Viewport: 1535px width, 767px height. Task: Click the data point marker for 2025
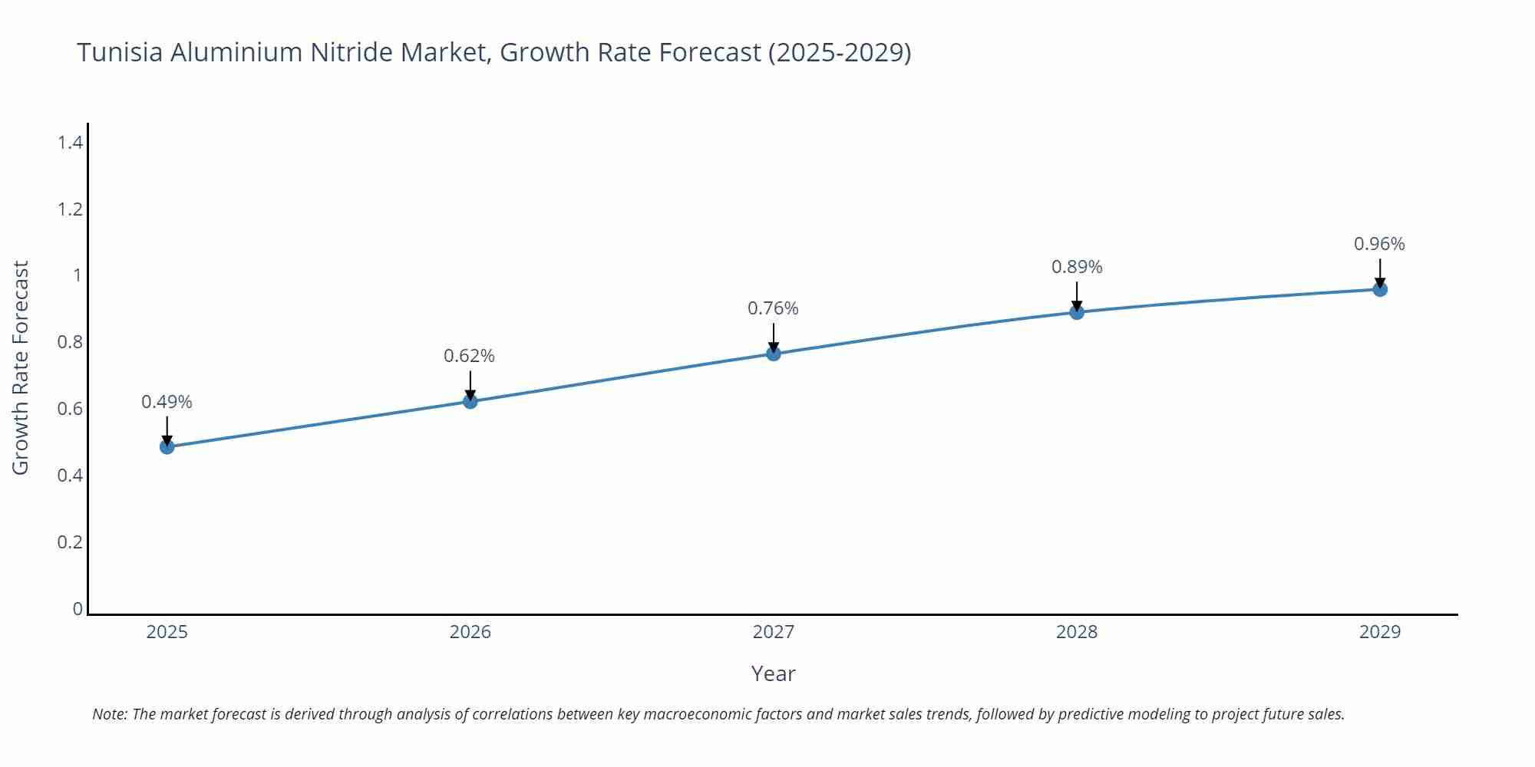[x=167, y=446]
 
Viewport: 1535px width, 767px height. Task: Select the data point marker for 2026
[x=470, y=401]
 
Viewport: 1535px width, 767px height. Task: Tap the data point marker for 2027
[x=774, y=354]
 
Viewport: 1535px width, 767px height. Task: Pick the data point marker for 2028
[x=1077, y=312]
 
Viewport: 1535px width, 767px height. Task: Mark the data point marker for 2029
[x=1380, y=289]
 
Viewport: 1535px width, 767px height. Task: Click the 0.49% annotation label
[x=167, y=402]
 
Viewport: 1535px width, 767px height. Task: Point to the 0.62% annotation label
[x=469, y=356]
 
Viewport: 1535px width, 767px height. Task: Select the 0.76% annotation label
[x=773, y=308]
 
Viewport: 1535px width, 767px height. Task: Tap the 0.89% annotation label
[x=1077, y=267]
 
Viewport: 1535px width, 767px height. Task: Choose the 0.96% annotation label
[x=1379, y=244]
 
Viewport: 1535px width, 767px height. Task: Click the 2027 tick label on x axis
[x=774, y=632]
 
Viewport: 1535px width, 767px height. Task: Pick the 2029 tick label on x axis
[x=1380, y=632]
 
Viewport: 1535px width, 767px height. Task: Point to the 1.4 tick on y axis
[x=70, y=142]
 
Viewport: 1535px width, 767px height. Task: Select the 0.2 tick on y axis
[x=70, y=542]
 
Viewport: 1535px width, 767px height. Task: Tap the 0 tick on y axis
[x=78, y=609]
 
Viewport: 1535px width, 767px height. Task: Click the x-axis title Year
[x=773, y=673]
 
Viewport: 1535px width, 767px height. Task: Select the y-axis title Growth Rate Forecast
[x=21, y=367]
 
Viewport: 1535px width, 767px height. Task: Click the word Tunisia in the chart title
[x=120, y=52]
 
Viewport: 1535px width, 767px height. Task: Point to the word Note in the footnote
[x=109, y=714]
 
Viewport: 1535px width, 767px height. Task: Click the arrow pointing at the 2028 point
[x=1077, y=295]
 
